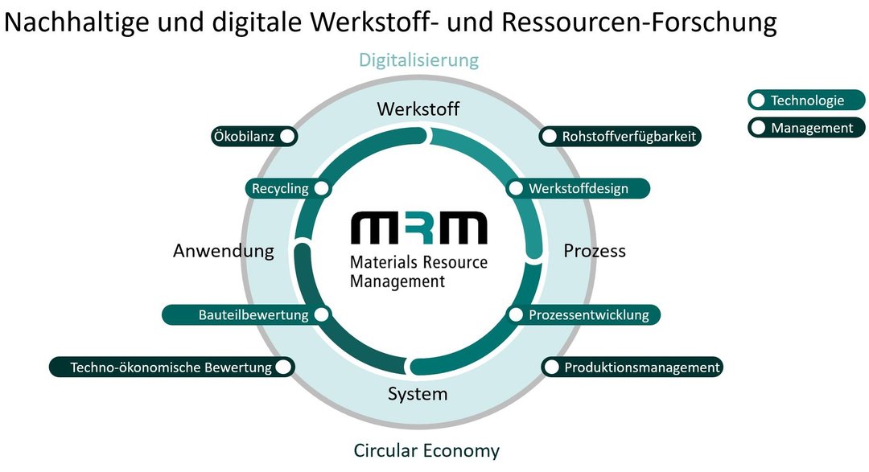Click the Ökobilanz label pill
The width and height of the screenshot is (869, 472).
click(245, 137)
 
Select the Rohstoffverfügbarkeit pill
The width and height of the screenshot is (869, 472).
click(620, 137)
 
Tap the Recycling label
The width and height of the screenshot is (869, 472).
click(280, 189)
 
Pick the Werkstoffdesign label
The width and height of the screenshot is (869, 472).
click(578, 189)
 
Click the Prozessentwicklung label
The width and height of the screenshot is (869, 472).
click(588, 314)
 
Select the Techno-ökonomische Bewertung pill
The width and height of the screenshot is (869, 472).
click(171, 367)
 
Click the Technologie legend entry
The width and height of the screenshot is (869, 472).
click(806, 101)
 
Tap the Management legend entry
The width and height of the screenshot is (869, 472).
click(806, 128)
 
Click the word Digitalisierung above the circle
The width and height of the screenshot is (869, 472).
click(418, 60)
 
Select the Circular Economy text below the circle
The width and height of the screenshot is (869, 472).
click(426, 450)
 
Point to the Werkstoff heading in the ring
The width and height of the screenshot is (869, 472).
click(418, 109)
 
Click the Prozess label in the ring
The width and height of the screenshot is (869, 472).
click(595, 251)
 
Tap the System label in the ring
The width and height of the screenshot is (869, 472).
click(418, 394)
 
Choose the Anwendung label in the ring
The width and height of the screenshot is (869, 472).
click(224, 251)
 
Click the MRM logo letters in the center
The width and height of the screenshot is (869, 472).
click(418, 228)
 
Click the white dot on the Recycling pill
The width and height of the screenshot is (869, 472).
click(321, 189)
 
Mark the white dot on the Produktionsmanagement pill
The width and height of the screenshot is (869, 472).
click(551, 367)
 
